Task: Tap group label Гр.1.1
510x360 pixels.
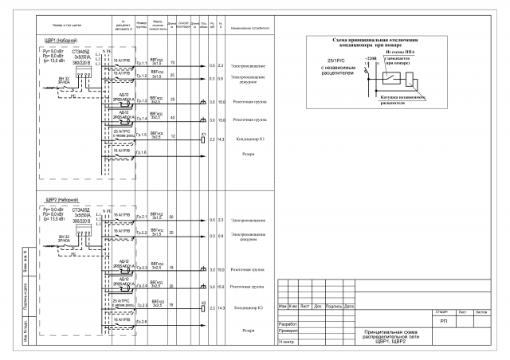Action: coord(141,63)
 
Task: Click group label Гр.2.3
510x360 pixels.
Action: coord(141,268)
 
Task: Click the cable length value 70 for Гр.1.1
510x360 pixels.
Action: coord(173,62)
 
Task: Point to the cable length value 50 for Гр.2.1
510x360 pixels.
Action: coord(172,217)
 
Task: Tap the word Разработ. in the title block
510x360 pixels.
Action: coord(288,324)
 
